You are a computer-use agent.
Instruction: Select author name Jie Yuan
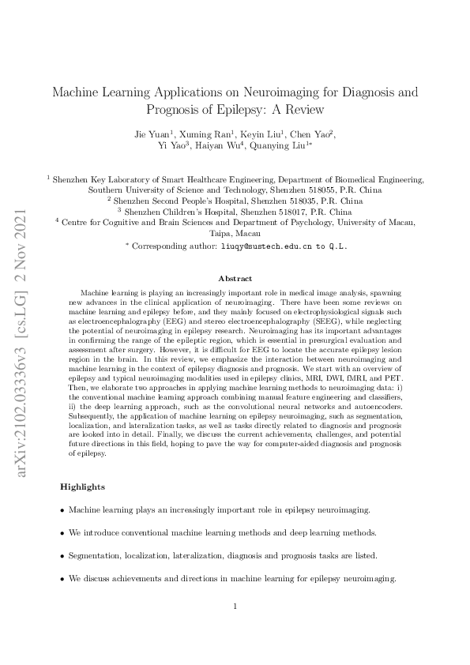tap(152, 133)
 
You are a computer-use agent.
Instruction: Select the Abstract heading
tap(235, 279)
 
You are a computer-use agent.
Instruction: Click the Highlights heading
tap(82, 487)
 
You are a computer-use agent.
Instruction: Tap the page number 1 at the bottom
tap(235, 607)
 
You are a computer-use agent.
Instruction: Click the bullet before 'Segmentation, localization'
tap(62, 556)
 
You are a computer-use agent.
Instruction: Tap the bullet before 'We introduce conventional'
tap(62, 533)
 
